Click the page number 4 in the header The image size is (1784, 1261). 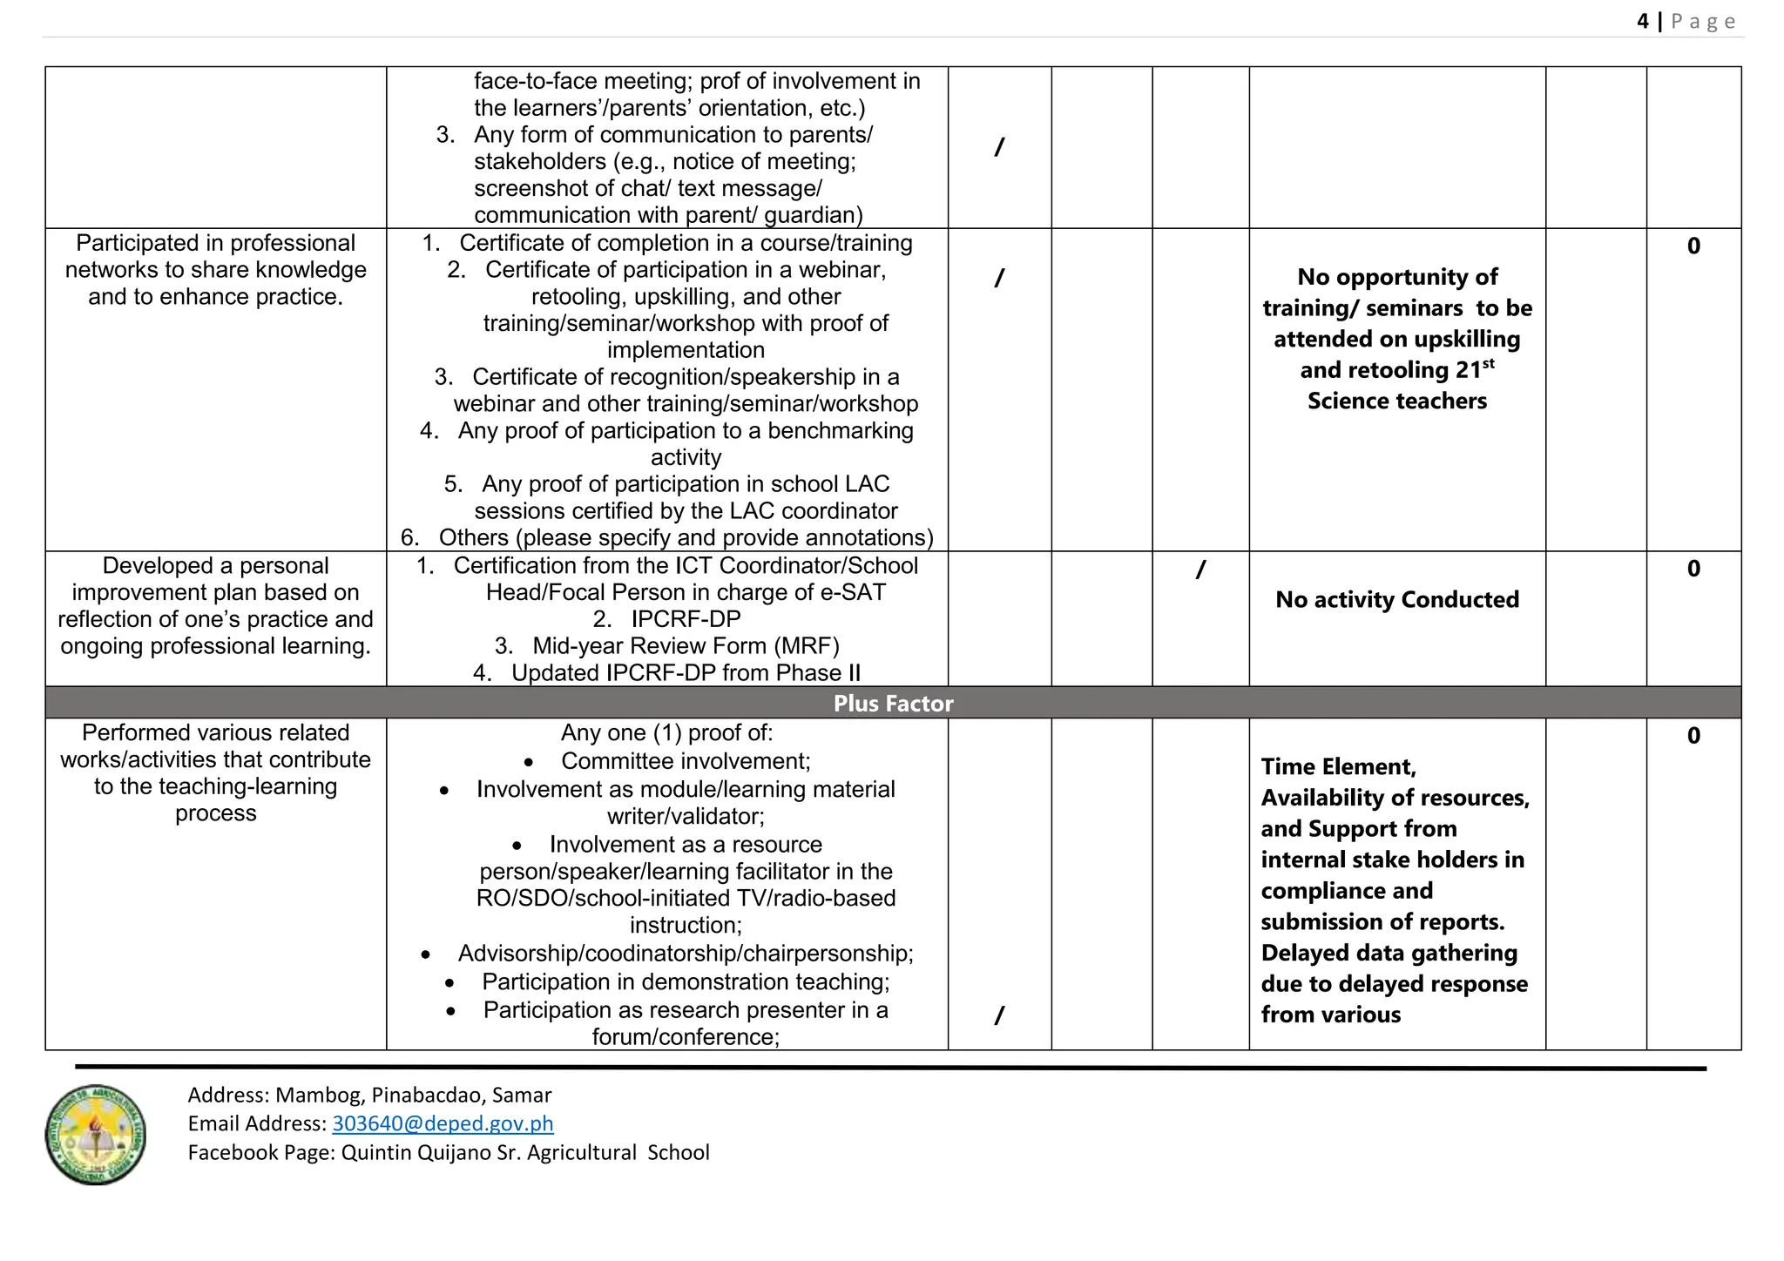point(1642,21)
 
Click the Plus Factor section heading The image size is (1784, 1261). point(893,703)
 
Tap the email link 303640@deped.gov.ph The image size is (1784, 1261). point(443,1123)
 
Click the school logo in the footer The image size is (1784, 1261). point(95,1134)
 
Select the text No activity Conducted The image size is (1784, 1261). point(1396,599)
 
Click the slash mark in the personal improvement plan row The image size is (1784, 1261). point(1200,570)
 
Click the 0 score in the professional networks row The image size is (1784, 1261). point(1693,246)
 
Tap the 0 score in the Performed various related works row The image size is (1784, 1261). point(1693,736)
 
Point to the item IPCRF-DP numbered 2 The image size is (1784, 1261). point(685,619)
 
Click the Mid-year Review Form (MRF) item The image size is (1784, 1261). point(685,646)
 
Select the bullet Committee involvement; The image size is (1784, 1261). point(685,761)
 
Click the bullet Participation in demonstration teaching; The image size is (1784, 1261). point(685,982)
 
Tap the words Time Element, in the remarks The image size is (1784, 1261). point(1338,766)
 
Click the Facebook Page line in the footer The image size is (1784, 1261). point(448,1152)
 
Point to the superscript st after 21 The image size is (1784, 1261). point(1488,363)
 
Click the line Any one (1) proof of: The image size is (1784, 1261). point(666,733)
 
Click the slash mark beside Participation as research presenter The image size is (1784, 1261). point(999,1015)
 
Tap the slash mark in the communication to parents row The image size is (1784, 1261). point(999,147)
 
